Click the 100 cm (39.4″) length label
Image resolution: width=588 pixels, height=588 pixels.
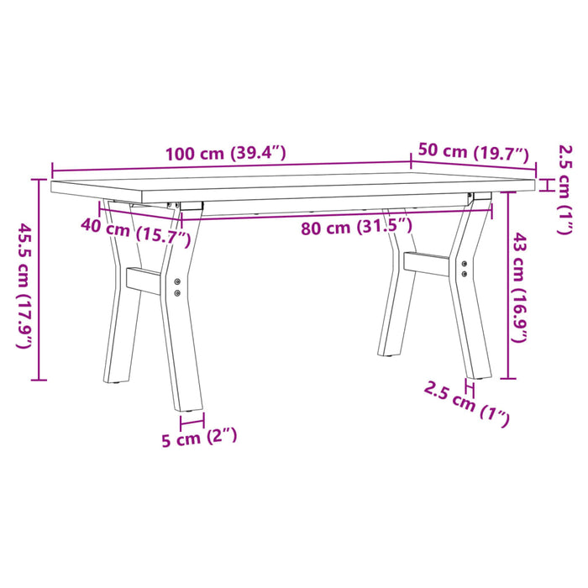pos(226,154)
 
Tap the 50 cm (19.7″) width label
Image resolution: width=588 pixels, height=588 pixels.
pos(474,152)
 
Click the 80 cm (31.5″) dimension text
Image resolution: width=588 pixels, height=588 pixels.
pos(357,225)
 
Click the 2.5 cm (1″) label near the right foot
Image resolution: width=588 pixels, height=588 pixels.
pos(467,405)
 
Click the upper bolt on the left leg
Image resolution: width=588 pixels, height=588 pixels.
pos(177,281)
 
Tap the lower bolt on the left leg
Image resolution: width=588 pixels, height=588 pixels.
pos(177,293)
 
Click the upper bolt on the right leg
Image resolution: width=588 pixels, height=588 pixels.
pos(466,264)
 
